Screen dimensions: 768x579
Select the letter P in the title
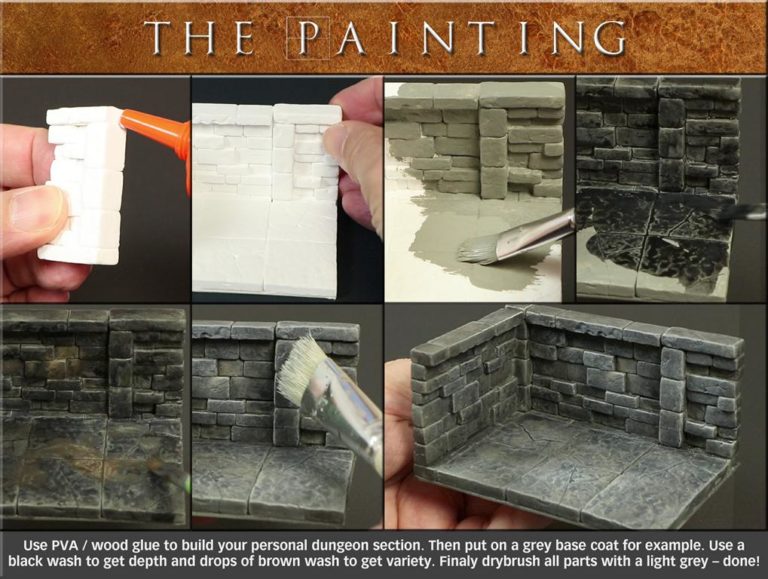pos(308,37)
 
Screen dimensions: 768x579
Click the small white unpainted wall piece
pos(82,186)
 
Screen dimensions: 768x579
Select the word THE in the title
pos(200,37)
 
